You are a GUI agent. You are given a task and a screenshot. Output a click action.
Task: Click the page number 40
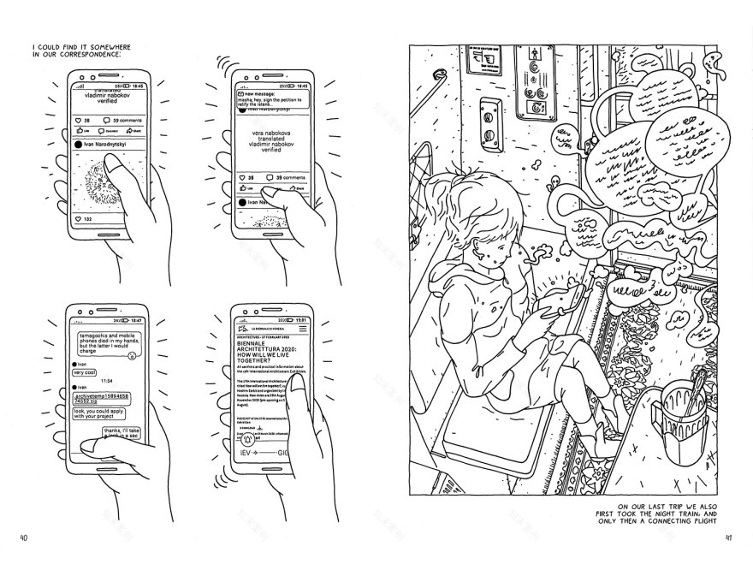click(x=23, y=537)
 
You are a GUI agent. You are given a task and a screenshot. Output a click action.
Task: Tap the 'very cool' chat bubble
click(x=85, y=372)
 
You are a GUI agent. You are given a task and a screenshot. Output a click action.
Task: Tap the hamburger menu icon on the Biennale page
click(x=300, y=328)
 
